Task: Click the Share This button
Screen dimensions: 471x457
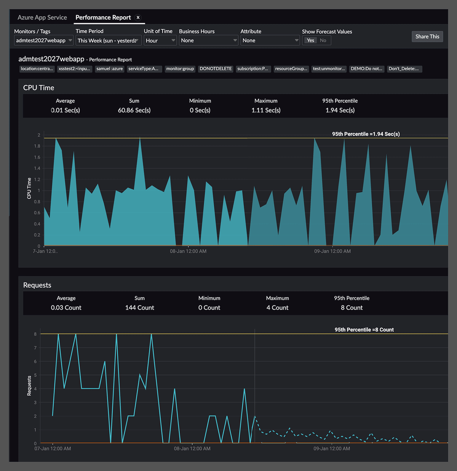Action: click(x=427, y=37)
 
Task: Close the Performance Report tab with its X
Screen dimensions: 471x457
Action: click(x=138, y=18)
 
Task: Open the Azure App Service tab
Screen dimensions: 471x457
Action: click(x=42, y=18)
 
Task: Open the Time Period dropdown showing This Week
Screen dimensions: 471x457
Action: click(x=109, y=40)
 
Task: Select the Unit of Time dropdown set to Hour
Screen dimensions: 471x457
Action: click(x=160, y=40)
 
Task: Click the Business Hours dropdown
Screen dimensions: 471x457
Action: click(x=208, y=40)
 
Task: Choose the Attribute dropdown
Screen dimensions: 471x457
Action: click(x=270, y=40)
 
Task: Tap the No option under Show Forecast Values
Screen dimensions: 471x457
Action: click(x=323, y=40)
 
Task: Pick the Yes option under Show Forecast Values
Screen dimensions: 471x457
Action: click(x=310, y=40)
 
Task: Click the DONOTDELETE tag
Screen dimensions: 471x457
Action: click(x=216, y=69)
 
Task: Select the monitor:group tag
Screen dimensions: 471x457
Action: click(x=180, y=69)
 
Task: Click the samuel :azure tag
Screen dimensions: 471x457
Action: click(x=109, y=69)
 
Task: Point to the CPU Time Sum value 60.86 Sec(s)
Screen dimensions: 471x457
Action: click(x=134, y=110)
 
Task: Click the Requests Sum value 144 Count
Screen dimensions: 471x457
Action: click(x=139, y=308)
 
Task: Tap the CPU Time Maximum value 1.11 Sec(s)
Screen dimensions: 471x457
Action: click(x=266, y=110)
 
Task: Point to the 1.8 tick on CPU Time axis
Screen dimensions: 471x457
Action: click(x=37, y=146)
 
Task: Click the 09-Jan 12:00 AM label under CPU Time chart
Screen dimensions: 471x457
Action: click(x=332, y=251)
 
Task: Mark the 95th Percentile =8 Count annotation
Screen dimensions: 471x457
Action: click(x=364, y=330)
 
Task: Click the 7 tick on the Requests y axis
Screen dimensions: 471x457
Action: click(x=35, y=348)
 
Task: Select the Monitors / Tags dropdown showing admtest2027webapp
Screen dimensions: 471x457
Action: click(x=43, y=40)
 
